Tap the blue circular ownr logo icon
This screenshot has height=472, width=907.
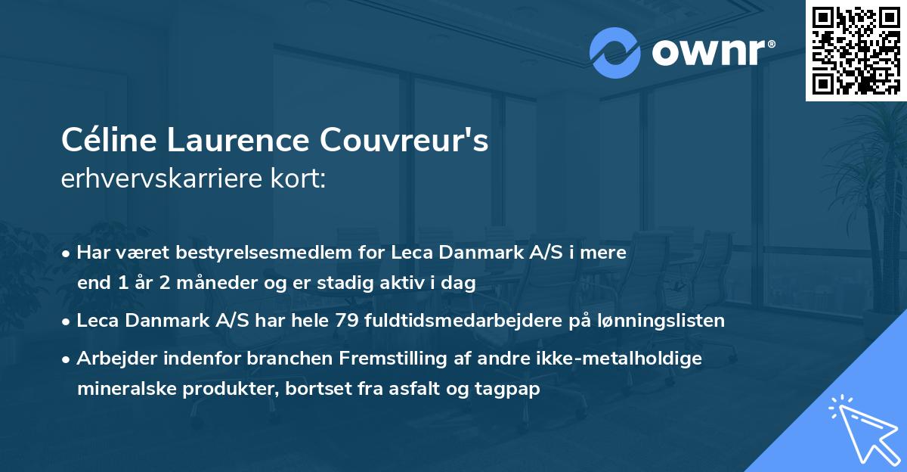[615, 52]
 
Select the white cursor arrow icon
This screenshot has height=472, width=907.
[863, 428]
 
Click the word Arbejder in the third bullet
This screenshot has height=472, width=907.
[110, 358]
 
